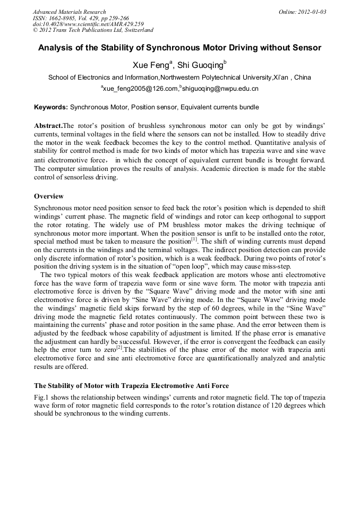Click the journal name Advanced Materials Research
click(69, 12)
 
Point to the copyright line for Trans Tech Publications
click(93, 30)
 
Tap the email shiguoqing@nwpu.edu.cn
click(220, 89)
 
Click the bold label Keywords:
click(51, 107)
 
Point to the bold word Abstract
click(48, 126)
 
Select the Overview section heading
click(49, 196)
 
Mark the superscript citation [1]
click(194, 238)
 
